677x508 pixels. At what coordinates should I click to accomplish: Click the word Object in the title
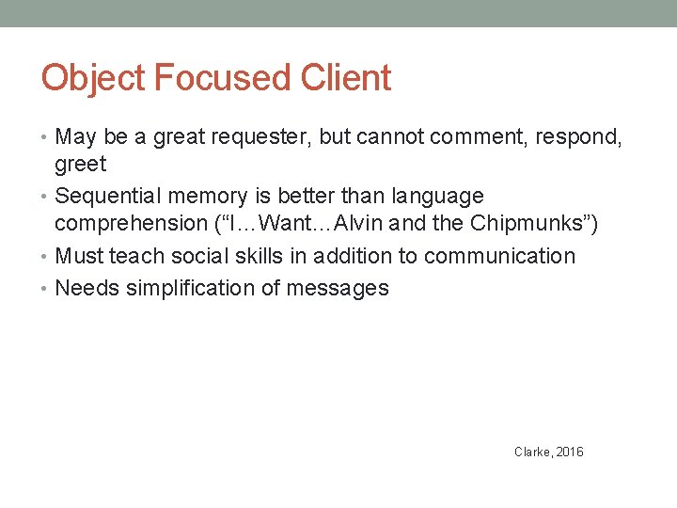point(93,78)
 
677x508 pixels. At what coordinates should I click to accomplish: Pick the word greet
point(81,165)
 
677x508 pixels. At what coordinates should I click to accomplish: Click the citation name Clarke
point(532,452)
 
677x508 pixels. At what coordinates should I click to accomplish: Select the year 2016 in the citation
point(570,452)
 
